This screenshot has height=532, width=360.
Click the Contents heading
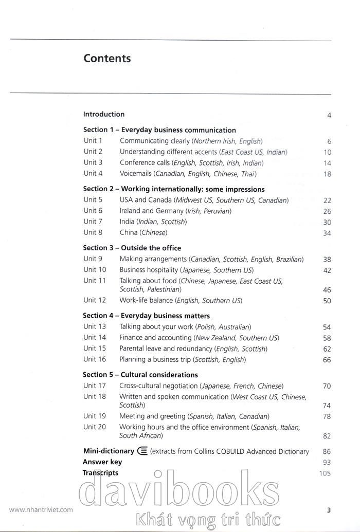(x=107, y=59)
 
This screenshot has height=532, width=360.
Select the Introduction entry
(x=104, y=114)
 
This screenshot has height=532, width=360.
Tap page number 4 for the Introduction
(x=329, y=115)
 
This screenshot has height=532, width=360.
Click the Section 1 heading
(x=159, y=130)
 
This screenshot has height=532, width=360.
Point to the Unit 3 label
(x=93, y=162)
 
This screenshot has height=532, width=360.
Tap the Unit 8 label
(x=93, y=232)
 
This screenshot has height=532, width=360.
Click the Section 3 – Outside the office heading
(x=132, y=248)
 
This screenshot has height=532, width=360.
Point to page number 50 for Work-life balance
(x=327, y=301)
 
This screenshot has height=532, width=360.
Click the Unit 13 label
(x=95, y=326)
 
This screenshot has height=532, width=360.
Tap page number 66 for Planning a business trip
(x=327, y=360)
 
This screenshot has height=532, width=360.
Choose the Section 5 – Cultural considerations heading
(x=140, y=375)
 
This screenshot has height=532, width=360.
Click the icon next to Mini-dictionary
(x=142, y=451)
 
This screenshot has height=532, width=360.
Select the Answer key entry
(x=102, y=462)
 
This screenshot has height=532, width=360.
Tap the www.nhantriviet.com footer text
(x=41, y=510)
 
